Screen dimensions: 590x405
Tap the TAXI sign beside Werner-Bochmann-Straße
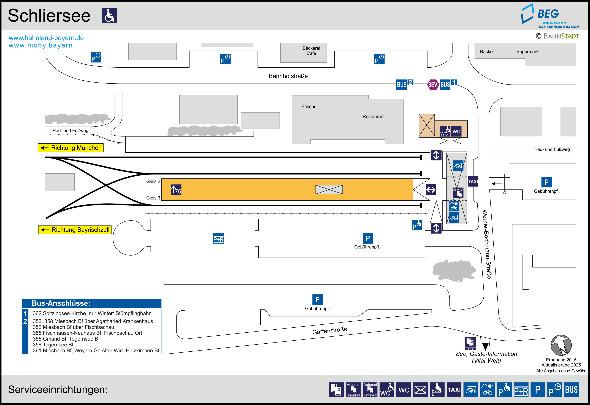point(473,181)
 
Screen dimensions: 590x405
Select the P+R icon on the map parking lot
point(219,238)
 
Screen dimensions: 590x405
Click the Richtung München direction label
point(71,148)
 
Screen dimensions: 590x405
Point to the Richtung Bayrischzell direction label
point(75,230)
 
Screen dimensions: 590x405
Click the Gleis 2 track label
point(153,181)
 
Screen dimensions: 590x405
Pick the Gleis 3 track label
point(153,198)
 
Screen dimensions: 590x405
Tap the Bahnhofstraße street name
point(288,76)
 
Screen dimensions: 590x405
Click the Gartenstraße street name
point(329,331)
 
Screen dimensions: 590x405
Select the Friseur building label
point(308,107)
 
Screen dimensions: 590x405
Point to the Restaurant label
point(374,116)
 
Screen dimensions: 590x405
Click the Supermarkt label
point(528,51)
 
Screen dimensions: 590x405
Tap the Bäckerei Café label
point(311,51)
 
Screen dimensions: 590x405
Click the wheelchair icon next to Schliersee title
point(109,15)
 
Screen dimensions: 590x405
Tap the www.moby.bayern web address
point(41,45)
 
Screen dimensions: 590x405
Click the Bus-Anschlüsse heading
point(61,303)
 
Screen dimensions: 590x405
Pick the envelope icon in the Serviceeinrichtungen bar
point(420,390)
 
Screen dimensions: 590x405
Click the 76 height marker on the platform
point(176,190)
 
